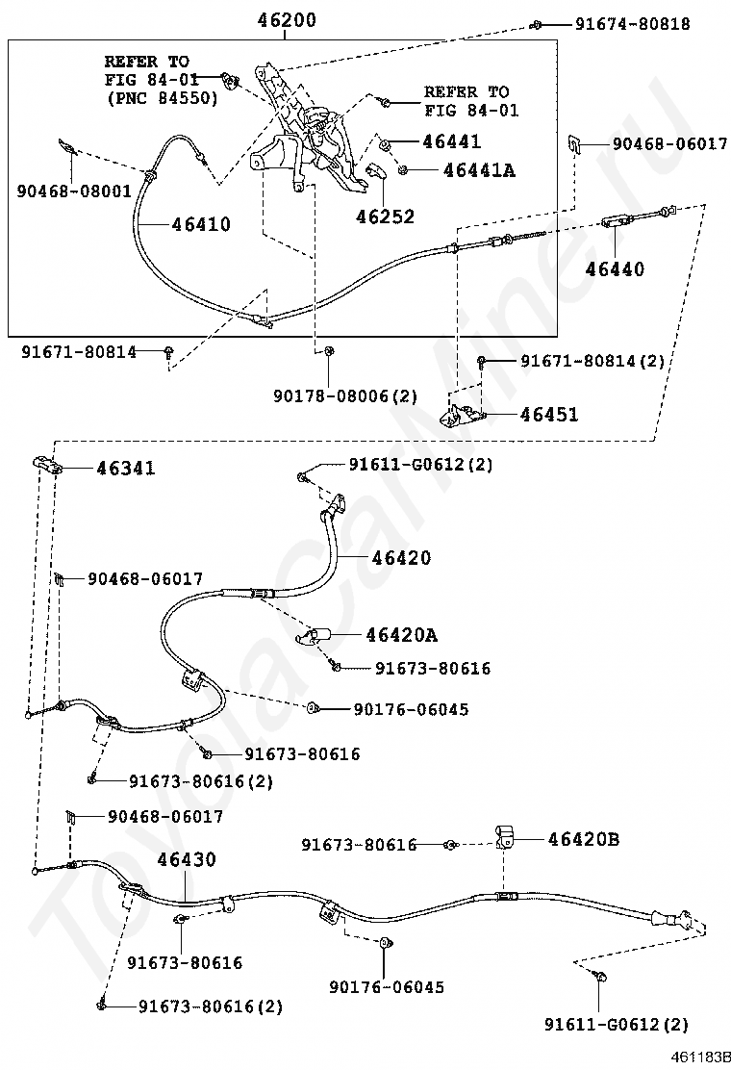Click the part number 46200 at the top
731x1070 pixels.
[x=287, y=19]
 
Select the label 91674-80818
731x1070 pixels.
[x=633, y=24]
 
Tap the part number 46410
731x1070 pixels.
[x=201, y=225]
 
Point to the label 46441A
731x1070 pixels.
[x=478, y=170]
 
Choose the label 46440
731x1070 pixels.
[x=615, y=268]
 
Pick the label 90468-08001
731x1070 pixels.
[x=73, y=191]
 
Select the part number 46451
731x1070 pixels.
[x=549, y=415]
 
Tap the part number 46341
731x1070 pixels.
[x=125, y=469]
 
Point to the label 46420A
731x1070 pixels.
[x=401, y=635]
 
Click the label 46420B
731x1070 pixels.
[x=584, y=839]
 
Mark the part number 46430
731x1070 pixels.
[x=187, y=860]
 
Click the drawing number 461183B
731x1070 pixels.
[x=701, y=1057]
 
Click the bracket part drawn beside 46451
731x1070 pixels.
[x=462, y=411]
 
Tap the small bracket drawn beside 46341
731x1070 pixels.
[x=46, y=464]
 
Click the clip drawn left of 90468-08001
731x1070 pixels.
[x=66, y=146]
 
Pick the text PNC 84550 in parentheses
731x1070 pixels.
[x=162, y=98]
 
